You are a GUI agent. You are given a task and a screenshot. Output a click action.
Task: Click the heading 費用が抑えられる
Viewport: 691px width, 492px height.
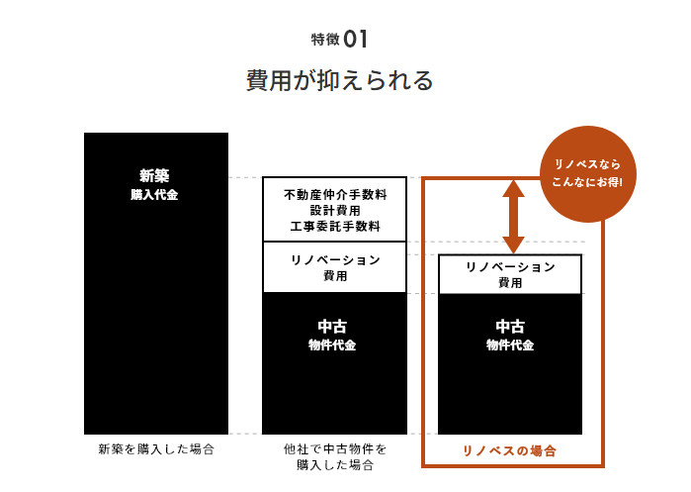(x=339, y=80)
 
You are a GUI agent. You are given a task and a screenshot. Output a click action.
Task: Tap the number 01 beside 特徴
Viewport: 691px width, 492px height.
(x=357, y=40)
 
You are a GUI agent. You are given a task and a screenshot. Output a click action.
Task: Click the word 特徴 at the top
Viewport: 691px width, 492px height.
(x=324, y=41)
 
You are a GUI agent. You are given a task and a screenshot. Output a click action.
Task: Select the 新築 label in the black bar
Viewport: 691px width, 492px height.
(x=155, y=176)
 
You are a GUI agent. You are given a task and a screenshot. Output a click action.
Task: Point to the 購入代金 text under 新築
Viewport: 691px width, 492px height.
(x=155, y=195)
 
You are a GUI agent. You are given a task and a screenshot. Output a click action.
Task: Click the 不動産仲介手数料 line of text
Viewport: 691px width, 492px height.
(x=334, y=195)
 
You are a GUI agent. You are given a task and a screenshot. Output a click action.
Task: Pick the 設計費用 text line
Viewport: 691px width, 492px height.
(x=334, y=211)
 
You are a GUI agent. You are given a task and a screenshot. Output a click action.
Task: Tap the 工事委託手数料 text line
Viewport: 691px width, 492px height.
(x=334, y=227)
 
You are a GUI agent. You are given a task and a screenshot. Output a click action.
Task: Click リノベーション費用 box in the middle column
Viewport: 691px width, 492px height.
(x=334, y=267)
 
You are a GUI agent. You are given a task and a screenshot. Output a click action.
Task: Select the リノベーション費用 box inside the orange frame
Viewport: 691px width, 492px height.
(x=510, y=274)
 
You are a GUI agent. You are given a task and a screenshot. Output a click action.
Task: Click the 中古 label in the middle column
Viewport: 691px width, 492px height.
(x=333, y=327)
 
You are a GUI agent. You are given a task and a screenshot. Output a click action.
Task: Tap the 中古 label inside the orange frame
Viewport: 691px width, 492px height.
(x=510, y=327)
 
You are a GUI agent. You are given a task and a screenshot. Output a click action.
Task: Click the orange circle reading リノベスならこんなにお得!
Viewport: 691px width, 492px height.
(x=588, y=171)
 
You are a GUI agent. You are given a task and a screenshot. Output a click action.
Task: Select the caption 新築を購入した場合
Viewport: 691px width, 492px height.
(x=156, y=449)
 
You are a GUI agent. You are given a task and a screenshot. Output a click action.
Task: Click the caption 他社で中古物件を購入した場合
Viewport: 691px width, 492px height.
(x=334, y=456)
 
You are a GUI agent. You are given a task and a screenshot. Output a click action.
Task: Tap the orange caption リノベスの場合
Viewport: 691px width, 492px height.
(x=510, y=450)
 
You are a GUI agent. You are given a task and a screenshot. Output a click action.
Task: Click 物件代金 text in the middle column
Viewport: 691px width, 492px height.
(x=333, y=345)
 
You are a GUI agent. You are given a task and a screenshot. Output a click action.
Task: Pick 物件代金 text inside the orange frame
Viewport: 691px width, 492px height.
(x=510, y=345)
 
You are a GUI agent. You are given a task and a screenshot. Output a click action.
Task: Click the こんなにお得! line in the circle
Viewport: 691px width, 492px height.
(x=588, y=181)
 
